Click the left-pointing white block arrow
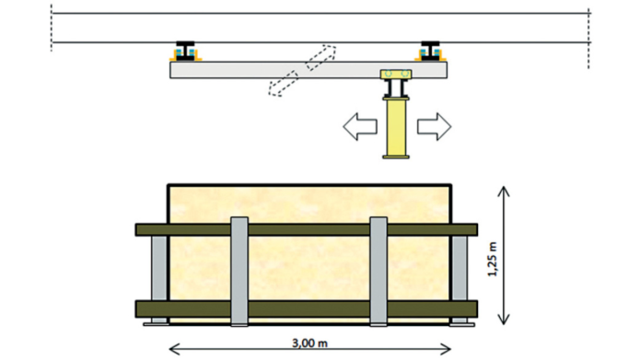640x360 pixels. pyautogui.click(x=359, y=126)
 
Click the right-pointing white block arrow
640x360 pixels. pyautogui.click(x=435, y=126)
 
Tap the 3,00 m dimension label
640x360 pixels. pyautogui.click(x=309, y=343)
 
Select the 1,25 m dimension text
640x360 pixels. pyautogui.click(x=493, y=260)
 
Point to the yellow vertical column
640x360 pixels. pyautogui.click(x=396, y=126)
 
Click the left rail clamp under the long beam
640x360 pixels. pyautogui.click(x=185, y=52)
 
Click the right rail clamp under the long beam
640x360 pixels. pyautogui.click(x=430, y=52)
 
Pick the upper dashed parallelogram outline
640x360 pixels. pyautogui.click(x=321, y=58)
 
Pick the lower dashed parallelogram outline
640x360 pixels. pyautogui.click(x=284, y=84)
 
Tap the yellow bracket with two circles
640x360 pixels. pyautogui.click(x=396, y=74)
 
